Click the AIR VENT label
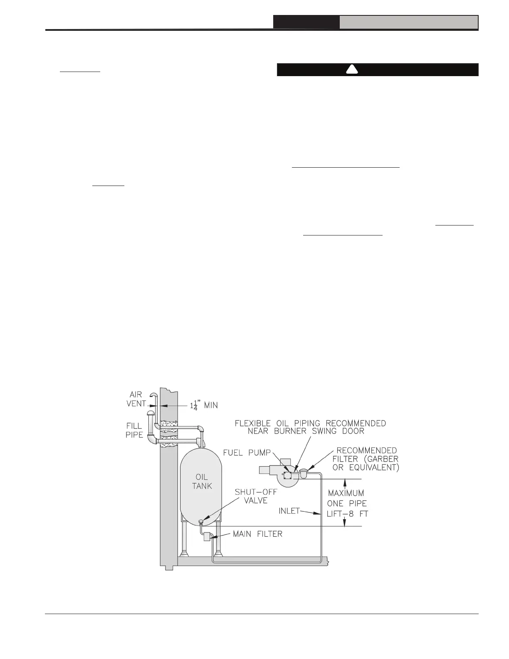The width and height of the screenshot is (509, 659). pyautogui.click(x=136, y=399)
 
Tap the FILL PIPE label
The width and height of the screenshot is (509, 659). pyautogui.click(x=134, y=431)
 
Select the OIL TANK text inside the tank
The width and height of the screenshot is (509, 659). pyautogui.click(x=202, y=481)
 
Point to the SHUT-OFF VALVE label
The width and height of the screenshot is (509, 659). pyautogui.click(x=256, y=495)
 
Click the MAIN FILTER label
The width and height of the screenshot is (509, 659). pyautogui.click(x=257, y=534)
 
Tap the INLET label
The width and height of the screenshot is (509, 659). pyautogui.click(x=289, y=510)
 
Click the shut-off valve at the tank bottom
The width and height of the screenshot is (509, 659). pyautogui.click(x=201, y=520)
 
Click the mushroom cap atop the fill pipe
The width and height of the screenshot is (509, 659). pyautogui.click(x=150, y=413)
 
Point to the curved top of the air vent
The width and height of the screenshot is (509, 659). pyautogui.click(x=154, y=395)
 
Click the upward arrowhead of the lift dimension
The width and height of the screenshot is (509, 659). pyautogui.click(x=345, y=482)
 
